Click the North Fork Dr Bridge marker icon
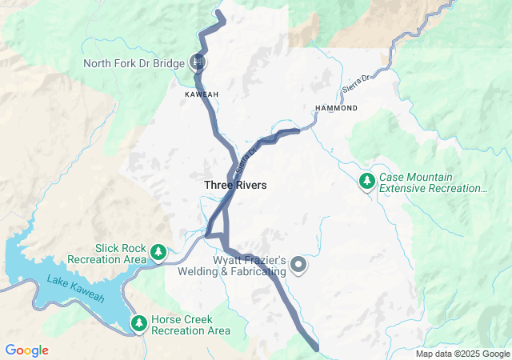pos(198,62)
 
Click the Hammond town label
pos(336,107)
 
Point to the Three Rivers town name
pos(235,185)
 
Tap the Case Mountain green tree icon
pos(367,181)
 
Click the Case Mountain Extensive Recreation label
pos(432,182)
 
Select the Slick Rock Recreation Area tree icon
pos(158,253)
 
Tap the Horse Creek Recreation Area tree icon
pos(139,323)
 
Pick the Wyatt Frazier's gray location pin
pos(298,264)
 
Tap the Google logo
pos(26,350)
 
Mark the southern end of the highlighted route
pos(317,348)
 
